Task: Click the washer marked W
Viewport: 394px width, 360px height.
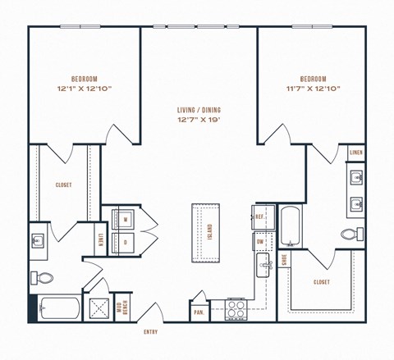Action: point(125,220)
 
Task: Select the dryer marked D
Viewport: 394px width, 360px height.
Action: point(125,242)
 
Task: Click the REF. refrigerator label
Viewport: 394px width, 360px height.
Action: point(259,217)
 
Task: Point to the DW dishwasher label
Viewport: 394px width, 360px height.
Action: point(259,242)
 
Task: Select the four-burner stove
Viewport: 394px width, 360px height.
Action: point(236,309)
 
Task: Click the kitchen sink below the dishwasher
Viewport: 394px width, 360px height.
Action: point(264,264)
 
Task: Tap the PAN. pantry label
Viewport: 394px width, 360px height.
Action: point(199,312)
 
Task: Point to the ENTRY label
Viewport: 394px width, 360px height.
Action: point(150,331)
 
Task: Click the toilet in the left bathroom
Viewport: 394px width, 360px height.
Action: point(43,277)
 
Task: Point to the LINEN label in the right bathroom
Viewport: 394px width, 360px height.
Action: point(355,153)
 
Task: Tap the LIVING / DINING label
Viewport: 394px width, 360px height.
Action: point(199,110)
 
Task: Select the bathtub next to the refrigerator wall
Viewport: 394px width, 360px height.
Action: point(290,226)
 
